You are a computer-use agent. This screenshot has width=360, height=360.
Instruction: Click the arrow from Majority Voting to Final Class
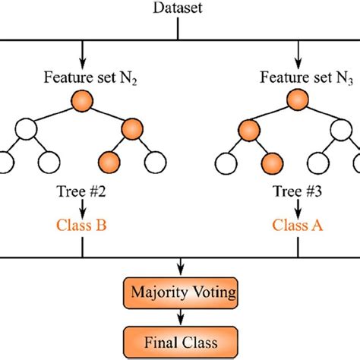(180, 314)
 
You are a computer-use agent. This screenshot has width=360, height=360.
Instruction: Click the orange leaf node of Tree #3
(269, 160)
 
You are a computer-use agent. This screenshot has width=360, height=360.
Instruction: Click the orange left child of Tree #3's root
(246, 127)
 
